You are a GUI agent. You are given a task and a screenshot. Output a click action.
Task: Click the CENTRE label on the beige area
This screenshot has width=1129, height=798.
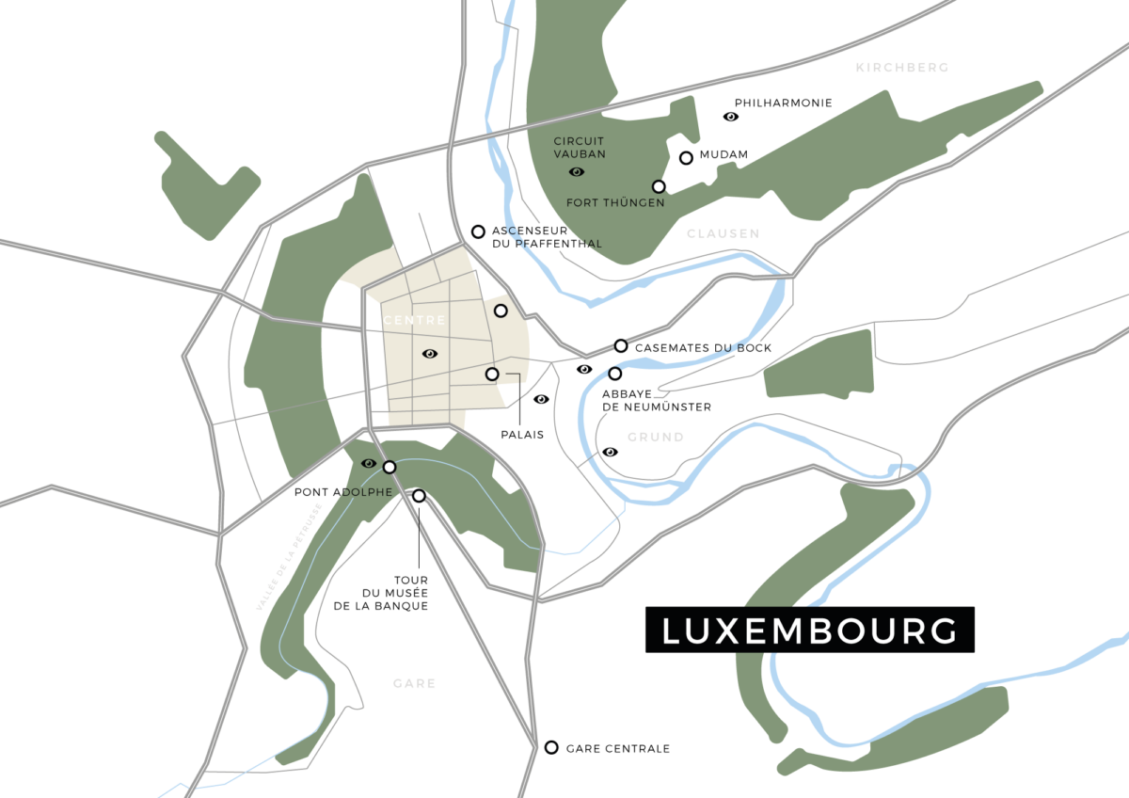414,321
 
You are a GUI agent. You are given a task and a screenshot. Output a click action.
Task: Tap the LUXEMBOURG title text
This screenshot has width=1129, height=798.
809,631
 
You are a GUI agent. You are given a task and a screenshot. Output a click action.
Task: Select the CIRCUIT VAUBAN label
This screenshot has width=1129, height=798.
580,147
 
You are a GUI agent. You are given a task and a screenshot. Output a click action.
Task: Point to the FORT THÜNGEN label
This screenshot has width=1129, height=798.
615,202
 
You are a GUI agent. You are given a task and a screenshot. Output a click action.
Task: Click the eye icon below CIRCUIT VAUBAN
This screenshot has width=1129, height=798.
577,171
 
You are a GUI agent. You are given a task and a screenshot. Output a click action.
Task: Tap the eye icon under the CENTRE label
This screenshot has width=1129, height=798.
430,354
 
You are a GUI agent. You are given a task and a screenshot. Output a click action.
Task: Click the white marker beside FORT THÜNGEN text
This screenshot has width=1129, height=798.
659,186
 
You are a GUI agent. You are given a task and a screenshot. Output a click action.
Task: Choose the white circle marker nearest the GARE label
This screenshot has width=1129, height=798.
551,747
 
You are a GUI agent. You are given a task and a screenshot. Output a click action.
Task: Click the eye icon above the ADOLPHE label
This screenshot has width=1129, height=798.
369,463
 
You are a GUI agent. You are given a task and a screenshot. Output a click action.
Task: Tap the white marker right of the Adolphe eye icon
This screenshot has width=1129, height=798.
390,467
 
